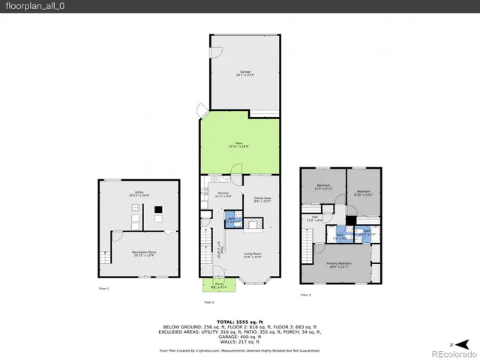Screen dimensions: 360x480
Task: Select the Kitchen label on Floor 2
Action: pyautogui.click(x=223, y=194)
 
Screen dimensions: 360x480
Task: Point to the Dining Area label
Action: pyautogui.click(x=261, y=199)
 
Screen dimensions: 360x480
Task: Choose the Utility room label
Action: pyautogui.click(x=139, y=193)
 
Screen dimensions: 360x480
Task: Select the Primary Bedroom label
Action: pyautogui.click(x=339, y=264)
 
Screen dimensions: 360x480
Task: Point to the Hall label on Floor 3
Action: pyautogui.click(x=314, y=219)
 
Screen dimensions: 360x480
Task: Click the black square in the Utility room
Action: pyautogui.click(x=158, y=220)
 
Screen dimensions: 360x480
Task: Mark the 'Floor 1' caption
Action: pyautogui.click(x=103, y=289)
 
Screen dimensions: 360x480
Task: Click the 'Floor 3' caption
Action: pyautogui.click(x=305, y=295)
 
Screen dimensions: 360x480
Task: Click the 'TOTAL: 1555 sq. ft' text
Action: pyautogui.click(x=239, y=320)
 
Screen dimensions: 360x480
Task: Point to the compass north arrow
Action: pyautogui.click(x=448, y=343)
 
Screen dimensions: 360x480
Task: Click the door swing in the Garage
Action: pyautogui.click(x=217, y=53)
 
